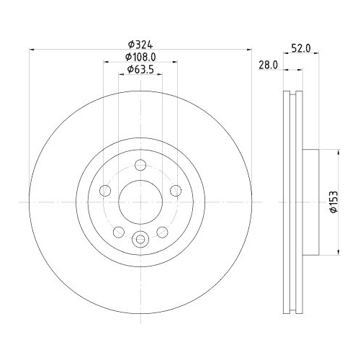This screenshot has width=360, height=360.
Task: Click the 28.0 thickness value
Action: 268,64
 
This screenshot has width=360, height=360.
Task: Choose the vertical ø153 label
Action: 333,202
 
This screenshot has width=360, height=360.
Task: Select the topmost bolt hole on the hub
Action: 140,167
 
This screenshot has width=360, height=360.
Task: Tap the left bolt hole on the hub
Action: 105,191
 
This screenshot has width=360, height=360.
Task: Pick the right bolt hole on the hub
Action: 175,191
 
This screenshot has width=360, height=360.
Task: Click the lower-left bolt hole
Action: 119,231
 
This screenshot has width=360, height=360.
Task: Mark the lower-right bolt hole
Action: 161,231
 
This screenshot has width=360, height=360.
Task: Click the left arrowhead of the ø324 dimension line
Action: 32,49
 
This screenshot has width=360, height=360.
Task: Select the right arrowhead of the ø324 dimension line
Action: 249,49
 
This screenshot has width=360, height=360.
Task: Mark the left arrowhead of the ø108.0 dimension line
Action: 105,63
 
